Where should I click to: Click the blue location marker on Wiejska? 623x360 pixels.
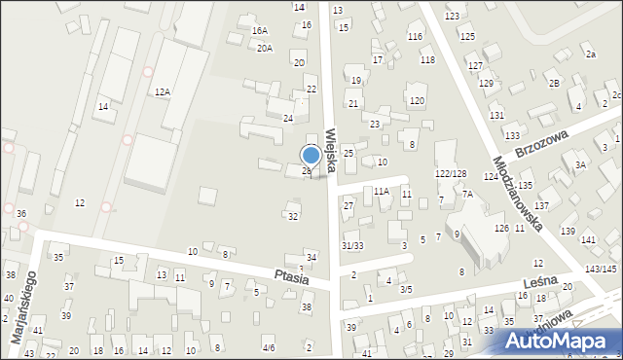click(311, 156)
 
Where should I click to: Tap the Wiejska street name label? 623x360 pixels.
click(332, 147)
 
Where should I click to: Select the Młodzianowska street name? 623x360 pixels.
click(517, 195)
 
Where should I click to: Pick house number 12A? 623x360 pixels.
click(163, 91)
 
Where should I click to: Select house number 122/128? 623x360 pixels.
click(451, 173)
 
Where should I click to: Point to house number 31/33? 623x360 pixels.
click(351, 246)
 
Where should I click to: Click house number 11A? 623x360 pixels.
click(382, 192)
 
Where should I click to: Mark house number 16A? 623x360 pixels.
click(260, 31)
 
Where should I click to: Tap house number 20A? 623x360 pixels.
click(265, 48)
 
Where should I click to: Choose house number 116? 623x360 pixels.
click(416, 36)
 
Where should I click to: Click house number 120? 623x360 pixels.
click(417, 101)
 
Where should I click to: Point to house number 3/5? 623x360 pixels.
click(406, 289)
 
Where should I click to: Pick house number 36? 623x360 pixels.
click(21, 214)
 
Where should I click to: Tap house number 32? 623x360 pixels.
click(293, 216)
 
